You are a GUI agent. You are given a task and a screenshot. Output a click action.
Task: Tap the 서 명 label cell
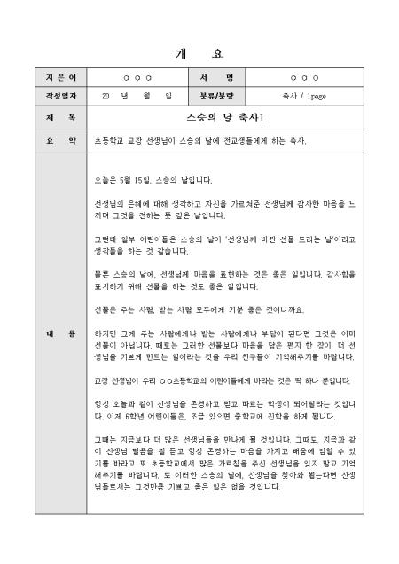click(215, 77)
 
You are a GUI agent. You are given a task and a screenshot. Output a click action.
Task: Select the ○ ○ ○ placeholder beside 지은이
click(137, 77)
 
